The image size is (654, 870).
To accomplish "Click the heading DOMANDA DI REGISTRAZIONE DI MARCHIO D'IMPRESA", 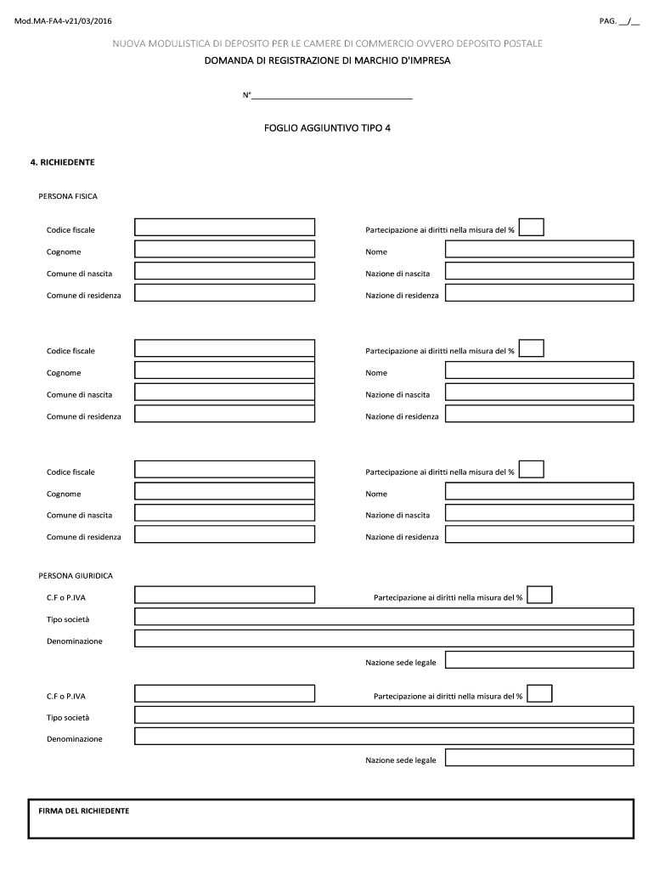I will [x=327, y=61].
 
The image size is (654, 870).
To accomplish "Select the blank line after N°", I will [x=332, y=95].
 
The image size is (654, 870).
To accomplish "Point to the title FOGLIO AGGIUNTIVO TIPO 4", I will [x=327, y=127].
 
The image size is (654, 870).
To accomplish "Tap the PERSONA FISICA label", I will [x=68, y=196].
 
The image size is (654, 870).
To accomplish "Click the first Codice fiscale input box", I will [x=224, y=227].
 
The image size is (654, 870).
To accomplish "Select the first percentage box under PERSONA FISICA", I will [x=531, y=227].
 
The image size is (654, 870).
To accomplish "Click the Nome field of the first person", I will [x=539, y=249].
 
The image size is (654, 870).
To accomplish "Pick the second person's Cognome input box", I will [x=224, y=370].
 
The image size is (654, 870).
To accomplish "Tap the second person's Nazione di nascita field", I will [x=539, y=392].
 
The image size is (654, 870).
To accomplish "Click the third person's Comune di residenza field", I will [x=224, y=534].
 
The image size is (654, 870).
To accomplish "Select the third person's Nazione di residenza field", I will [x=539, y=534].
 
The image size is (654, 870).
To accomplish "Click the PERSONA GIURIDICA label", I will [x=76, y=575].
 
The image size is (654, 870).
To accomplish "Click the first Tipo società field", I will [x=384, y=616].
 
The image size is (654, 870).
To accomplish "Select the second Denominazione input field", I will [x=384, y=736].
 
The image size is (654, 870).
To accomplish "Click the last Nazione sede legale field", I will [x=539, y=758].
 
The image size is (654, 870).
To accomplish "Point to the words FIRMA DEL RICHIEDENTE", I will [x=84, y=811].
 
